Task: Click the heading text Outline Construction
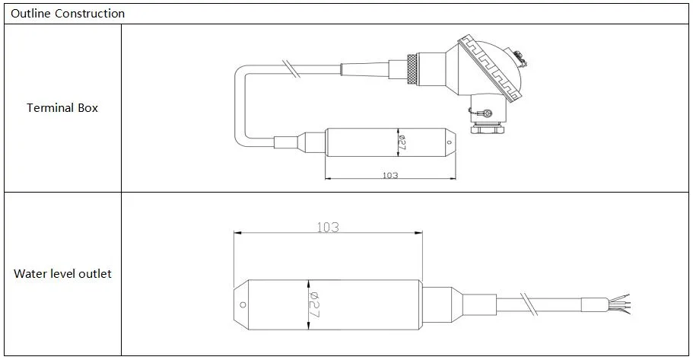[68, 14]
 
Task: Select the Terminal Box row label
[62, 108]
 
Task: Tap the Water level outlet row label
[63, 274]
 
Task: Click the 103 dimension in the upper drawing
[390, 175]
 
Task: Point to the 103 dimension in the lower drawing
[328, 228]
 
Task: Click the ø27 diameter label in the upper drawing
[402, 142]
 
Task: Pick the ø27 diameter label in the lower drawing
[314, 304]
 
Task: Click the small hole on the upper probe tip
[450, 142]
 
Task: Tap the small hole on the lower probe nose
[243, 304]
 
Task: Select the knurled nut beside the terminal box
[412, 69]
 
